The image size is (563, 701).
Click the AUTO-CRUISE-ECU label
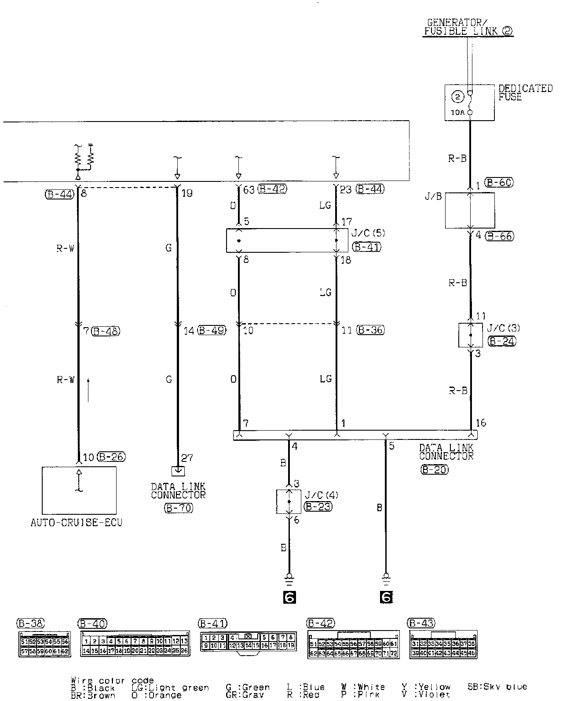click(x=76, y=523)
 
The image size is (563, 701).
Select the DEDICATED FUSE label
click(x=525, y=92)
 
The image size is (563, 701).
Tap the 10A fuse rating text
click(x=457, y=112)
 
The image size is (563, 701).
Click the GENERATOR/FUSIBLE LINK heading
click(x=468, y=27)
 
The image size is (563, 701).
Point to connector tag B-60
click(x=499, y=182)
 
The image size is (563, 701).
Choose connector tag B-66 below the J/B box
click(x=500, y=236)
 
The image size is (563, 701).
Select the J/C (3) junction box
click(x=470, y=335)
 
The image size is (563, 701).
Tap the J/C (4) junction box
click(x=289, y=501)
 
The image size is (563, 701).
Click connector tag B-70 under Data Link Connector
click(x=178, y=508)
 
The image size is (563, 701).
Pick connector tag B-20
click(x=434, y=470)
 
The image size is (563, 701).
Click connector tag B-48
click(x=106, y=331)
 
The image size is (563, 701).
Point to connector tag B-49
click(x=212, y=330)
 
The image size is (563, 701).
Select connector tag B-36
click(x=370, y=330)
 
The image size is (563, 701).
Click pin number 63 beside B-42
click(x=248, y=190)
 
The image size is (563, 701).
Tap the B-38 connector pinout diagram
click(x=44, y=644)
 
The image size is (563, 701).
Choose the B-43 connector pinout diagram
click(x=443, y=645)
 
